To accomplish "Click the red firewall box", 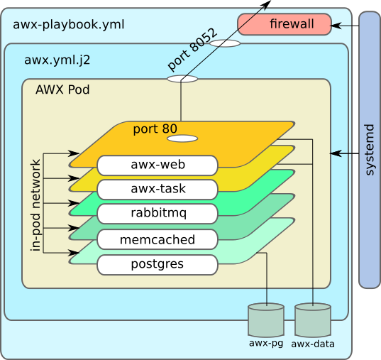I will (x=284, y=24).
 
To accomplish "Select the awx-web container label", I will (x=157, y=165).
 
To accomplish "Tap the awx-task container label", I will (x=157, y=190).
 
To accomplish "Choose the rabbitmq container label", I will (x=157, y=214).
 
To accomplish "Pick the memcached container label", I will (x=157, y=239).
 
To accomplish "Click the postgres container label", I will (x=157, y=265).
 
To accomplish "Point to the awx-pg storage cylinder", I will (x=266, y=320).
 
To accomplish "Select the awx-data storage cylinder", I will (x=313, y=320).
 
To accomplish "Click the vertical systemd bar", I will (x=369, y=150).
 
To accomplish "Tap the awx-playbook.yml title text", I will (x=69, y=25).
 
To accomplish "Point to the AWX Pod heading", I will (x=62, y=90).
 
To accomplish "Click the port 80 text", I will (x=155, y=129).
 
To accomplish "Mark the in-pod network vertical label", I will (x=35, y=206).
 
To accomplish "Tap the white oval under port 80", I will (x=182, y=138).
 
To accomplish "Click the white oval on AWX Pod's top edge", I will (x=182, y=79).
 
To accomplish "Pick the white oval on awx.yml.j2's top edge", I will (x=225, y=43).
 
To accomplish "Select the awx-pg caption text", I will (x=266, y=344).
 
